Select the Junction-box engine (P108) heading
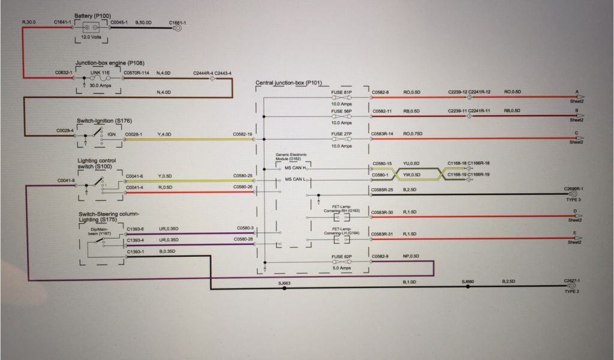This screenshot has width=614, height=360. (x=110, y=62)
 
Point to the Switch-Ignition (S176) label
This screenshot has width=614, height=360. (x=104, y=120)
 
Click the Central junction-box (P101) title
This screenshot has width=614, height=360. (x=289, y=82)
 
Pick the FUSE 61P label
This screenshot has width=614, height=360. (x=341, y=92)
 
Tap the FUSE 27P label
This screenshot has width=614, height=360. (x=341, y=133)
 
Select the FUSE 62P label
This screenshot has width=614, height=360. (x=341, y=257)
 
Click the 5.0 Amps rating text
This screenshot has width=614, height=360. (x=341, y=268)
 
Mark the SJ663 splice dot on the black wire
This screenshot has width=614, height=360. (x=284, y=288)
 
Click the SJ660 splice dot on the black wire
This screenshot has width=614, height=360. (x=468, y=288)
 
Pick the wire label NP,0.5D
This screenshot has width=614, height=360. (x=411, y=257)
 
